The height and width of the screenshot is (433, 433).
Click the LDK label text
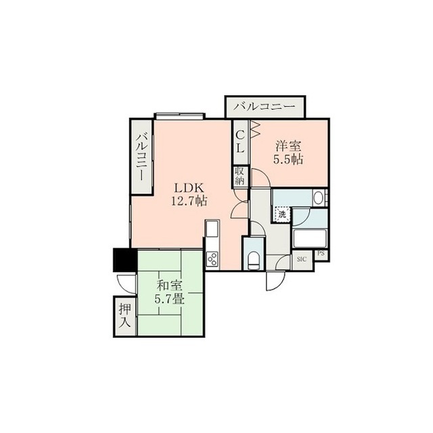pyautogui.click(x=189, y=188)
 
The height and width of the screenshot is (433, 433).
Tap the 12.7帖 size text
pyautogui.click(x=189, y=202)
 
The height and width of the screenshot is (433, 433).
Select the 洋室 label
pyautogui.click(x=288, y=146)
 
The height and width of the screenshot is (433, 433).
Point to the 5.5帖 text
pyautogui.click(x=288, y=160)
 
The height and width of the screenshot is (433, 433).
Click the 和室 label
pyautogui.click(x=170, y=286)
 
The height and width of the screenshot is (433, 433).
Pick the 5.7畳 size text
pyautogui.click(x=169, y=299)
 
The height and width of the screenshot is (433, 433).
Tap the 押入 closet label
pyautogui.click(x=124, y=315)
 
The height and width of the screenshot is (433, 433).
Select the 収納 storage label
pyautogui.click(x=240, y=176)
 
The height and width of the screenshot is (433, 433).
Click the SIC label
pyautogui.click(x=302, y=259)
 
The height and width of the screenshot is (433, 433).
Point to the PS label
pyautogui.click(x=321, y=254)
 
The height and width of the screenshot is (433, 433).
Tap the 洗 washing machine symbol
pyautogui.click(x=282, y=214)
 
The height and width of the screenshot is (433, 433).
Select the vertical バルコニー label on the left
pyautogui.click(x=141, y=156)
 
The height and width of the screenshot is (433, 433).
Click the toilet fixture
pyautogui.click(x=254, y=260)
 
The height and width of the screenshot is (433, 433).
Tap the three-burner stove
pyautogui.click(x=212, y=259)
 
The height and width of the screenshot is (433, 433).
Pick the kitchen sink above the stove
pyautogui.click(x=212, y=228)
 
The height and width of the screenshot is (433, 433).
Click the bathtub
pyautogui.click(x=310, y=238)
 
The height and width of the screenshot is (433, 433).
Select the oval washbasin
pyautogui.click(x=319, y=198)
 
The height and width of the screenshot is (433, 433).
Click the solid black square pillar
pyautogui.click(x=124, y=260)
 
